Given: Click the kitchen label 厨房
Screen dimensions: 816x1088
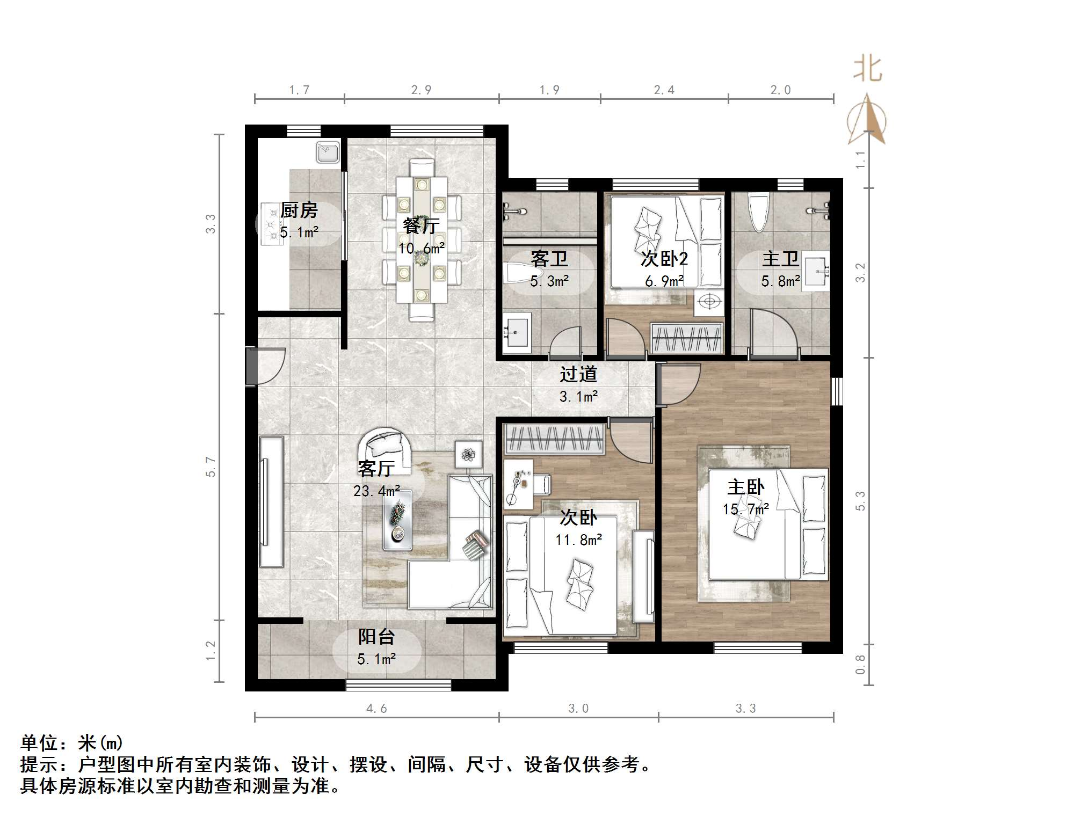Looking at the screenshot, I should tap(299, 210).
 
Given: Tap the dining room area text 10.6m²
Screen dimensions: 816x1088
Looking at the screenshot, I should tap(421, 248).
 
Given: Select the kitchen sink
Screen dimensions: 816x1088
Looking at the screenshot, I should tap(327, 151).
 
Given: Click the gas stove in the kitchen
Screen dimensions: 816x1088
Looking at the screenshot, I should tap(272, 224).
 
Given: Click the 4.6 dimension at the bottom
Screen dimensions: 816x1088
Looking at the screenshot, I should tap(376, 709).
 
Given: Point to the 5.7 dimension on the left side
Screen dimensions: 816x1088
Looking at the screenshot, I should tap(211, 467).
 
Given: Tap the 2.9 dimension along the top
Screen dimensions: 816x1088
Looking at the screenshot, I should tap(421, 90).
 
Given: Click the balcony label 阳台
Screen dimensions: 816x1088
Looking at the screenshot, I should tap(376, 637).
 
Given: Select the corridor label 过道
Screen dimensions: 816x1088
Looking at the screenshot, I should tap(578, 374).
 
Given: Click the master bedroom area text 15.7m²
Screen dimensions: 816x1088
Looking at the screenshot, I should tap(745, 509).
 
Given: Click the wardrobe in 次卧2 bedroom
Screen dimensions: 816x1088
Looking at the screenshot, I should tap(686, 338).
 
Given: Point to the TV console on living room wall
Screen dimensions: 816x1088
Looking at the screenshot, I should tap(271, 501).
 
